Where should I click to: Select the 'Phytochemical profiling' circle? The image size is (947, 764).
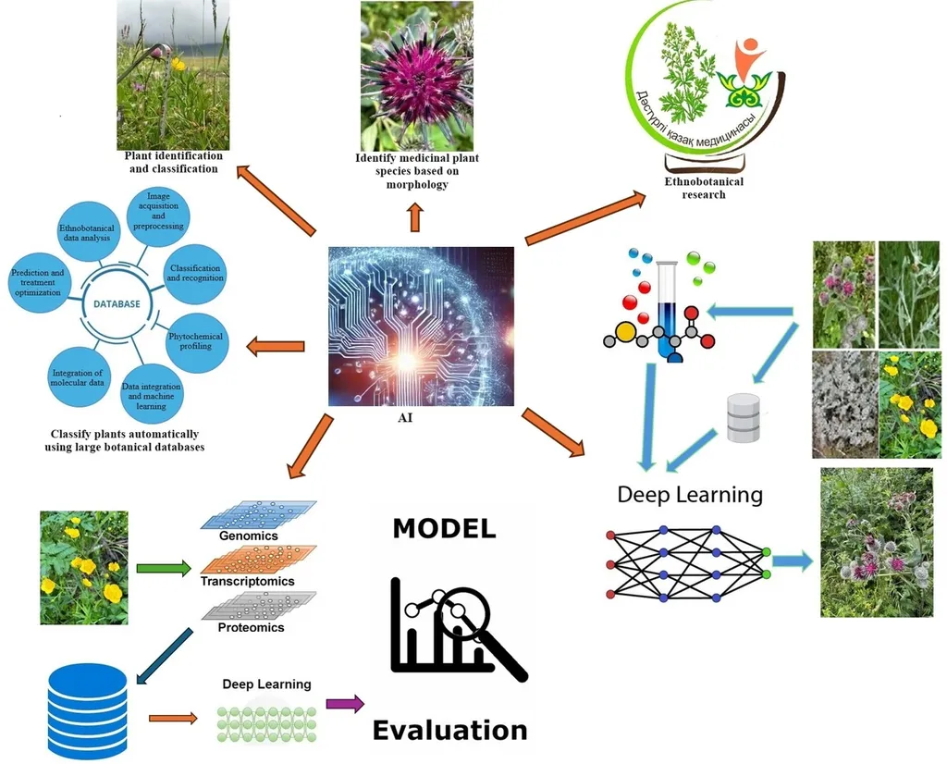(194, 340)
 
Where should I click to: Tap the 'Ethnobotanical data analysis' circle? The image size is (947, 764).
(84, 232)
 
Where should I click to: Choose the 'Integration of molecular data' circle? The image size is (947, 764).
(77, 378)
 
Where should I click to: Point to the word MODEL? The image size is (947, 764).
(444, 528)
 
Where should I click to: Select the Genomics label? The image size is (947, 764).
(249, 536)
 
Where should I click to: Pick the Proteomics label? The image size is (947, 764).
(251, 627)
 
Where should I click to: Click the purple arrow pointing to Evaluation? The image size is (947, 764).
(345, 704)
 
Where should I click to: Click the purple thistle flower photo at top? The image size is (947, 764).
(417, 76)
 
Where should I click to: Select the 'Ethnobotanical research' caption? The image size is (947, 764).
(704, 188)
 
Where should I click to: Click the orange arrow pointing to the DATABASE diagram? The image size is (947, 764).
(275, 347)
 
